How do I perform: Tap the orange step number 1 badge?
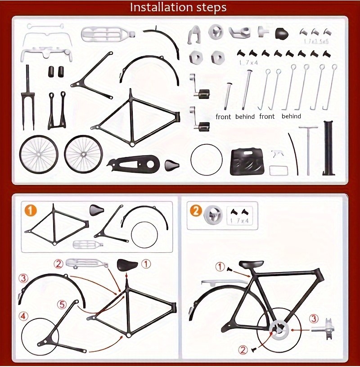pos(30,210)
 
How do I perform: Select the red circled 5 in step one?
pos(63,304)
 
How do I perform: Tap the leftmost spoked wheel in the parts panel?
pos(39,154)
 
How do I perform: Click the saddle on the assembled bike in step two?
pos(251,264)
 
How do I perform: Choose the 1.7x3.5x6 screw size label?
pos(316,41)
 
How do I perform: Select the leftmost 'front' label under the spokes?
pos(223,116)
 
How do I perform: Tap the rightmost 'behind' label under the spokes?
pos(291,116)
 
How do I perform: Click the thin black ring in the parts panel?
pos(207,160)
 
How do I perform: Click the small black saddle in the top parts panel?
pos(171,165)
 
